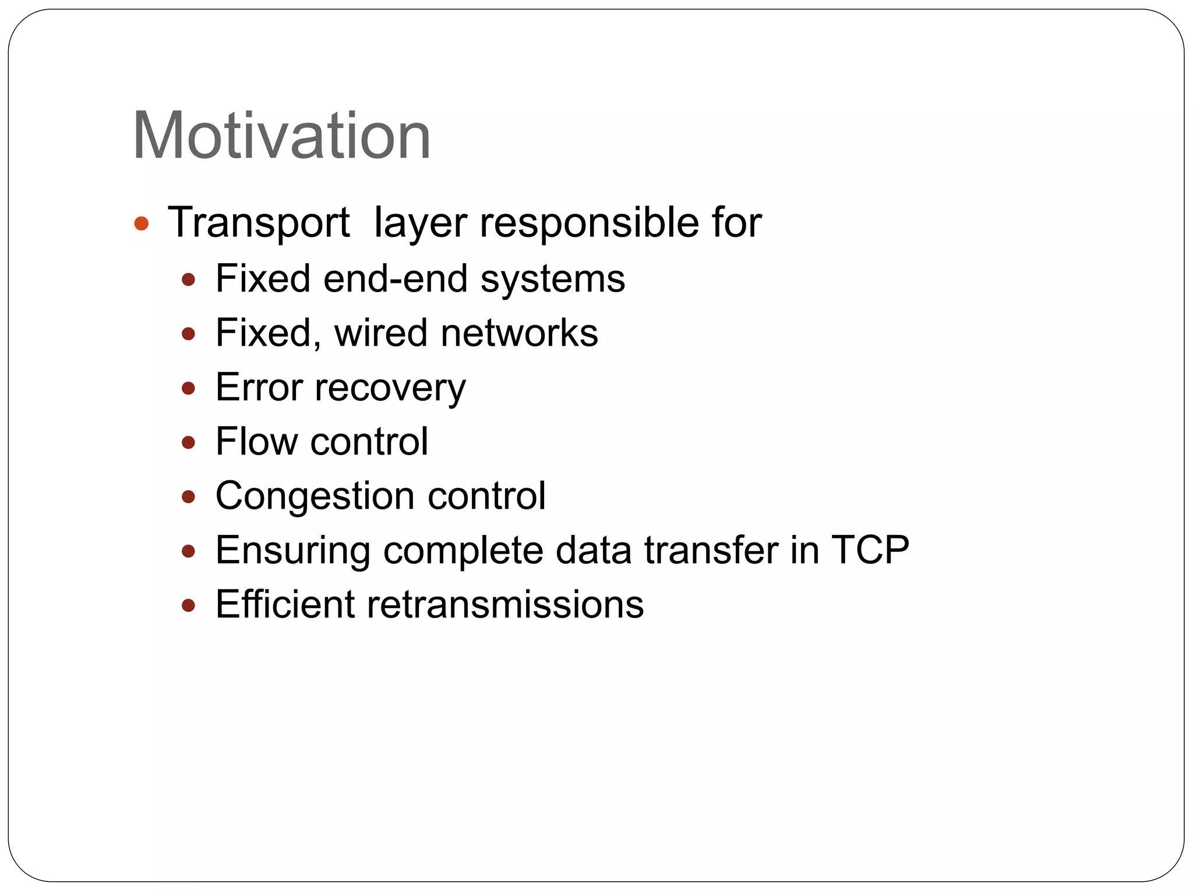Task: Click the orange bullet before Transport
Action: point(142,223)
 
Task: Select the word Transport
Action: point(259,223)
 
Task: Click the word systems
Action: point(553,279)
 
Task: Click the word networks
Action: point(519,333)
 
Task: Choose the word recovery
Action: point(390,388)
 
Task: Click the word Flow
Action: point(256,441)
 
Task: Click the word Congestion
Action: point(315,496)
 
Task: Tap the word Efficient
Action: point(285,604)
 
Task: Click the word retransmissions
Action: point(505,604)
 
